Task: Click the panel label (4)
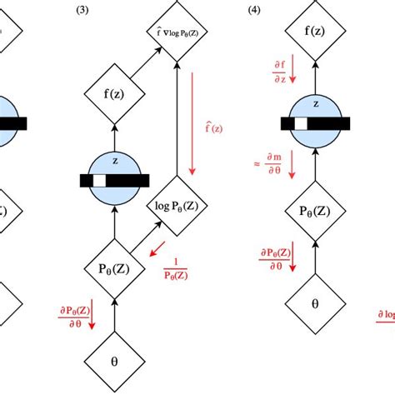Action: point(254,11)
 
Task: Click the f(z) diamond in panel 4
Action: point(315,34)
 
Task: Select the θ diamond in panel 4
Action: point(315,304)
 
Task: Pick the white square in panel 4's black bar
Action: point(297,124)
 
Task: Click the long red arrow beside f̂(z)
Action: point(193,124)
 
